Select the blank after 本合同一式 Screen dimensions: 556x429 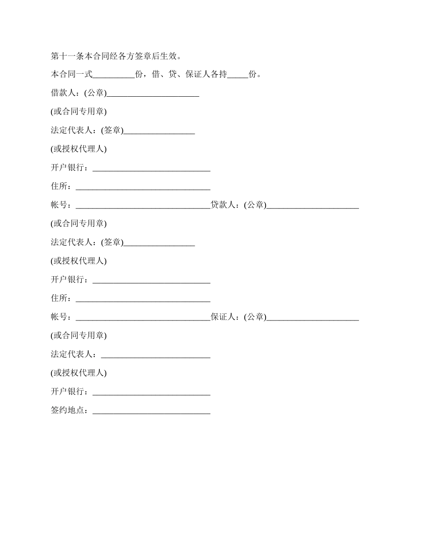pyautogui.click(x=114, y=75)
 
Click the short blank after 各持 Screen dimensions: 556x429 pyautogui.click(x=238, y=75)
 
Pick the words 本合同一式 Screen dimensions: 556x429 pyautogui.click(x=71, y=75)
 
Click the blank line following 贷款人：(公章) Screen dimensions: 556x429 pyautogui.click(x=312, y=206)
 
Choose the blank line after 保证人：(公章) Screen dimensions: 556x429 pyautogui.click(x=312, y=318)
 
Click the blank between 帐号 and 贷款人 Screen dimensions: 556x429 pyautogui.click(x=143, y=206)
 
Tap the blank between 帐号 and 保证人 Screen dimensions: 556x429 pyautogui.click(x=143, y=318)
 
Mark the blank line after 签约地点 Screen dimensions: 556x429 pyautogui.click(x=151, y=411)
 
